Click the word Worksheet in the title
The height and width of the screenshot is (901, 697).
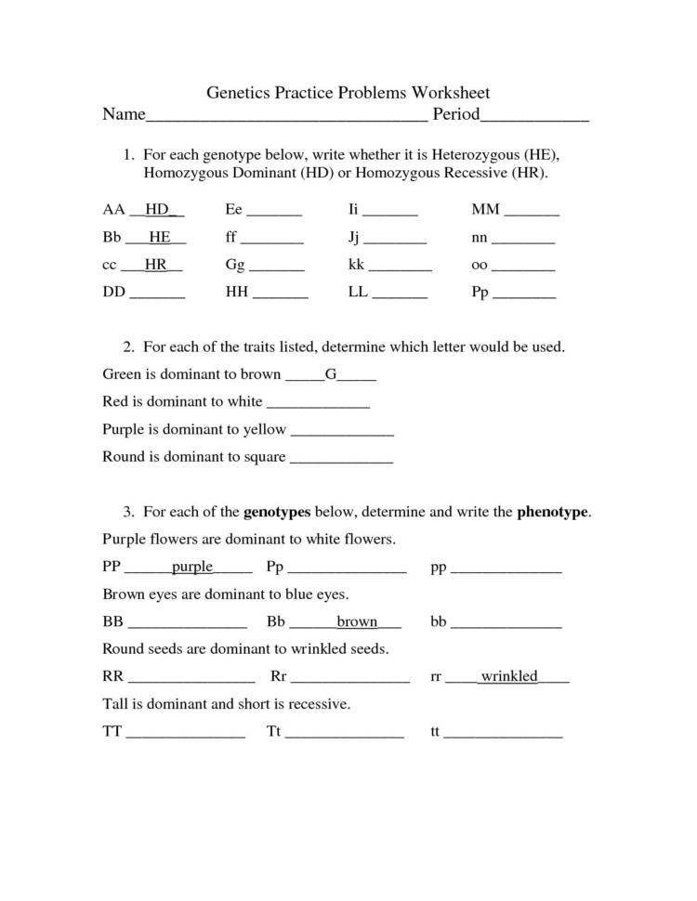(444, 93)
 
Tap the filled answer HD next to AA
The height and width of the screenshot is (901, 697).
(157, 210)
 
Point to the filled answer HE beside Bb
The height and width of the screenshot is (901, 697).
(159, 237)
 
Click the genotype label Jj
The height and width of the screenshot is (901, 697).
(353, 237)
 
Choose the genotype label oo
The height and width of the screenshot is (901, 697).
(480, 265)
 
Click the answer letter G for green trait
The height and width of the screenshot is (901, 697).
(330, 375)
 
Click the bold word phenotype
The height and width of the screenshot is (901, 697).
(552, 512)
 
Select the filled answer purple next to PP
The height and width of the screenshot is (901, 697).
(192, 567)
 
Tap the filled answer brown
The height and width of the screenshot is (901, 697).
(357, 621)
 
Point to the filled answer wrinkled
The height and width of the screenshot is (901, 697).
(508, 676)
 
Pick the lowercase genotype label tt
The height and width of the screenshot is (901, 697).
(434, 731)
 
